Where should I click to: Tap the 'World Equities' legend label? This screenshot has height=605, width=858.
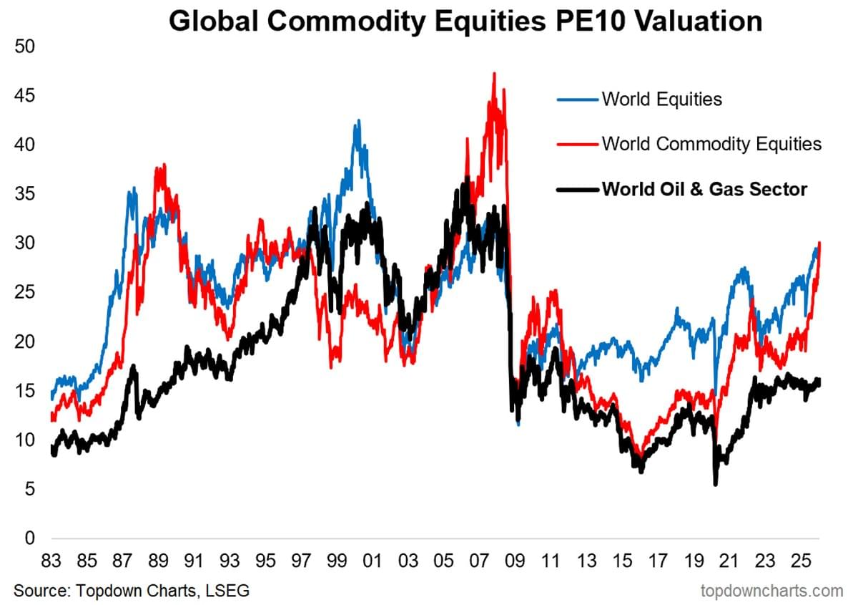(x=661, y=99)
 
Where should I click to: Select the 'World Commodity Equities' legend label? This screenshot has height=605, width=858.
(x=711, y=144)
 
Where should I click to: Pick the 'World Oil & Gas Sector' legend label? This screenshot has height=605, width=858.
(x=704, y=189)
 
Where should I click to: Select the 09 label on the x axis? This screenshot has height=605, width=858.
(x=516, y=561)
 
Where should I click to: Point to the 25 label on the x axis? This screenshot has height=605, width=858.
(x=801, y=561)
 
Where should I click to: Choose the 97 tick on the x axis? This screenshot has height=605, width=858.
(x=301, y=561)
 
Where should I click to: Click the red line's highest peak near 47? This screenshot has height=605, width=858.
(x=494, y=73)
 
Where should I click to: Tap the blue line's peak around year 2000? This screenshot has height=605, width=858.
(x=358, y=121)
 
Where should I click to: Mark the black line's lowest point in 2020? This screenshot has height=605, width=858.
(x=716, y=485)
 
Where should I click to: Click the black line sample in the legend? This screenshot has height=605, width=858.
(x=578, y=190)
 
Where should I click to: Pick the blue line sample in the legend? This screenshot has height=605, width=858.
(x=578, y=100)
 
